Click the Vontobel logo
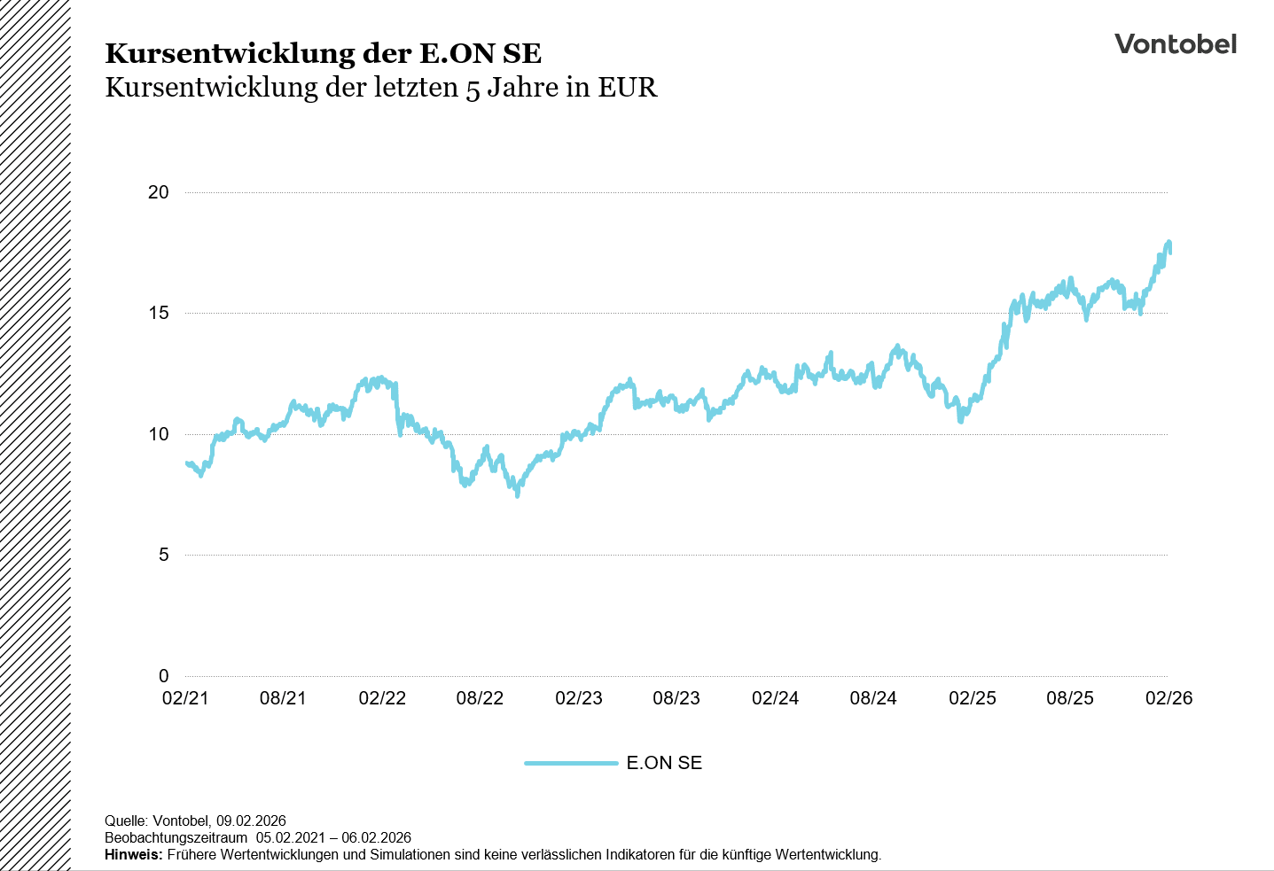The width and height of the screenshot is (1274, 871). [1175, 44]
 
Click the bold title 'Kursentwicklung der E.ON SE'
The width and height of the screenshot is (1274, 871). [323, 53]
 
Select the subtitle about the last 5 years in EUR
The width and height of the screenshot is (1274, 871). [381, 88]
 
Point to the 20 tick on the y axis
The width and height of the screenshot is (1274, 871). [159, 192]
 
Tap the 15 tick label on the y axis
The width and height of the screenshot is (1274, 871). [159, 313]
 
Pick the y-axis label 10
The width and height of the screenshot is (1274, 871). [159, 434]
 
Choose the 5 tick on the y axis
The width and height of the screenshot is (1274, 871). [163, 555]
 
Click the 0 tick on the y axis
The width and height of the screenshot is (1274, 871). [163, 676]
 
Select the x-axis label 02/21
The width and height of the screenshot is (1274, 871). [185, 698]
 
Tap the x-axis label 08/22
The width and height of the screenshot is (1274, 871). [480, 698]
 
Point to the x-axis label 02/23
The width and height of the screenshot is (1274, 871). [579, 698]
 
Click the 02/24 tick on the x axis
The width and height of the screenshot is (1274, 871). [776, 698]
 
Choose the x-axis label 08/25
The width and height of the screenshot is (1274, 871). [1070, 698]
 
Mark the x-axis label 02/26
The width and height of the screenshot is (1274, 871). [1168, 698]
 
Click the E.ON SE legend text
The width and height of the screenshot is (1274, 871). [664, 763]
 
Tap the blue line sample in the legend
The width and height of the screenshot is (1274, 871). [571, 763]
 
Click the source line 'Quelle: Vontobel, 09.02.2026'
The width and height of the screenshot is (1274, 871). [195, 820]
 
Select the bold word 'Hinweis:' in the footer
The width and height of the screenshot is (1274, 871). [134, 855]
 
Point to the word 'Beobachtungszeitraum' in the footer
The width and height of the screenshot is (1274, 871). [176, 838]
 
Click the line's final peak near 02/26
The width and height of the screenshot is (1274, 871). [1168, 243]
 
